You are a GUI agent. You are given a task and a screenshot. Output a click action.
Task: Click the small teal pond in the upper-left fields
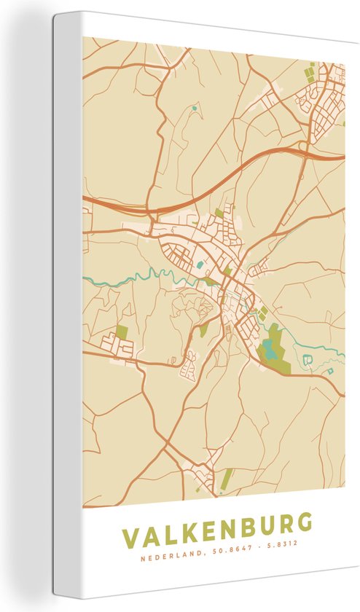[195, 109]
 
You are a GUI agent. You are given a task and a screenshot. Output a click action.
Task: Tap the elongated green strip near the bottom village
[227, 479]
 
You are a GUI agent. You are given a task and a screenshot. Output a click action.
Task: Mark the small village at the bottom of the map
[202, 474]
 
